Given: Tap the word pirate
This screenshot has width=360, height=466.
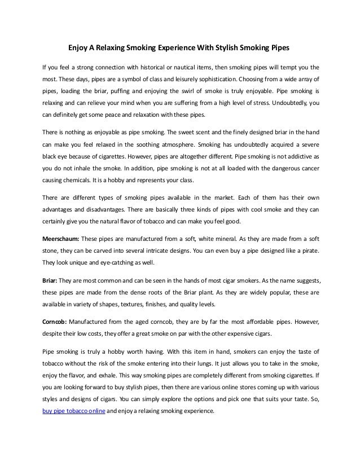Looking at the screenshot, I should point(308,250).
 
